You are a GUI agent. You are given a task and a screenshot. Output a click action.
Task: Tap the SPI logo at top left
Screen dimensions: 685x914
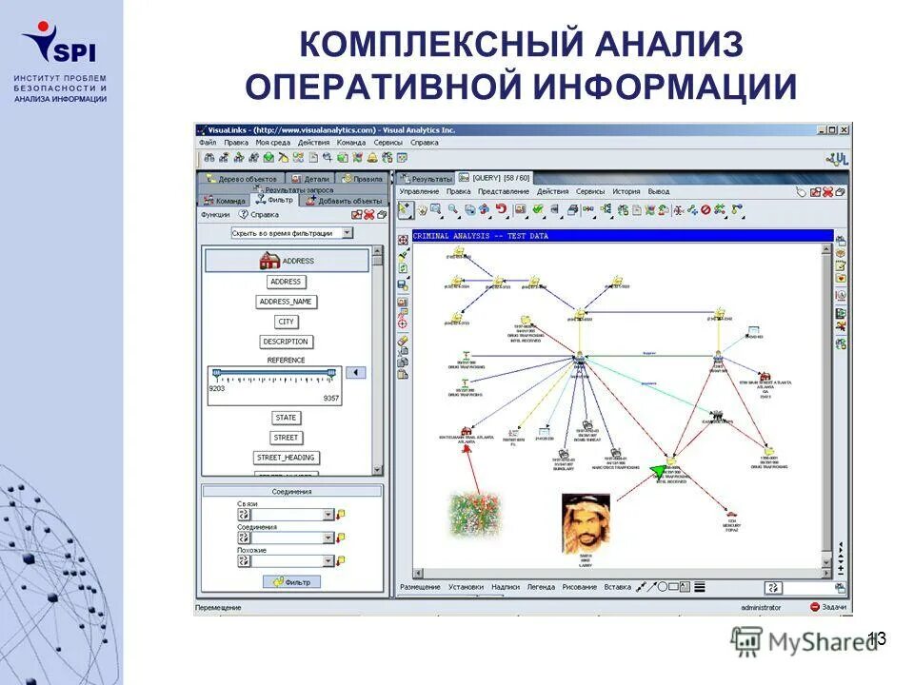click(x=59, y=43)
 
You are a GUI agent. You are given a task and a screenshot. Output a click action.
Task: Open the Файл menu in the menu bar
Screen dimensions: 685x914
click(x=208, y=143)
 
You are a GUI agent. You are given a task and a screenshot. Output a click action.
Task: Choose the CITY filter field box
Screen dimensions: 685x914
click(x=286, y=322)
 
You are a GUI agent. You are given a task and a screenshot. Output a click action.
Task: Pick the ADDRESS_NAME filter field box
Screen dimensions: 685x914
click(x=286, y=302)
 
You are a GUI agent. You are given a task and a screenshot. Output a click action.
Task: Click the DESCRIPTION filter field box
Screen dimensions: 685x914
click(x=286, y=342)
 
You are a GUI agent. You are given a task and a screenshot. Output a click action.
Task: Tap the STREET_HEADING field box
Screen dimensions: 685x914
click(x=286, y=458)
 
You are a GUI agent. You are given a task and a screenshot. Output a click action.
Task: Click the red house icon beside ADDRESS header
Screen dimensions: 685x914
click(x=269, y=261)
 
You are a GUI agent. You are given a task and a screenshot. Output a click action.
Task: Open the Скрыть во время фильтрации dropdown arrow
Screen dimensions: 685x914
click(x=347, y=232)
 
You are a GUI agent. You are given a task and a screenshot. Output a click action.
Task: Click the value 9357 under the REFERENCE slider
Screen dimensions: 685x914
click(x=330, y=398)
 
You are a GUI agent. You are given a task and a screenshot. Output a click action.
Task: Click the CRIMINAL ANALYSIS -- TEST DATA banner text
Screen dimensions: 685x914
click(x=480, y=236)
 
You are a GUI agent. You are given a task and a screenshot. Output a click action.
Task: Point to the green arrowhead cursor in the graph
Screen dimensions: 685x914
click(x=658, y=470)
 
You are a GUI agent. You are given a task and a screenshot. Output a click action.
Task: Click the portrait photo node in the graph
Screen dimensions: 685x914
click(x=586, y=522)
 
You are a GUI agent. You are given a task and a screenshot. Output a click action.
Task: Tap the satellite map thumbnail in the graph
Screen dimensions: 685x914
click(x=475, y=514)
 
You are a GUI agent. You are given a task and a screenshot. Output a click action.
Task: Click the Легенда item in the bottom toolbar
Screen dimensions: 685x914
click(x=541, y=587)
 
